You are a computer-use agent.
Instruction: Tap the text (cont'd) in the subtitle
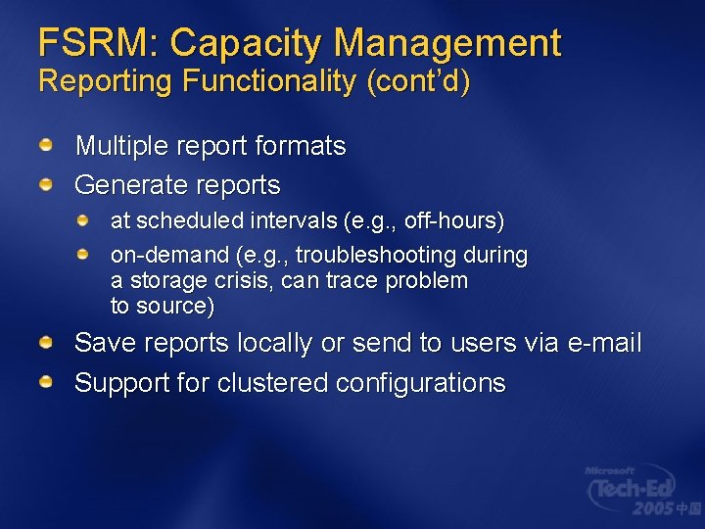(x=418, y=81)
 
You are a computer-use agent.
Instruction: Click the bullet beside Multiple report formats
(x=46, y=146)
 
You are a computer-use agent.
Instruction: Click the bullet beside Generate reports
(x=46, y=184)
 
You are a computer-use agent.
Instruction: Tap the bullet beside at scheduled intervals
(x=85, y=220)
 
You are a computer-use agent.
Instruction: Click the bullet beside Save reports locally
(x=46, y=343)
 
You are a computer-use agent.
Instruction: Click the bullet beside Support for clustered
(x=46, y=382)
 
